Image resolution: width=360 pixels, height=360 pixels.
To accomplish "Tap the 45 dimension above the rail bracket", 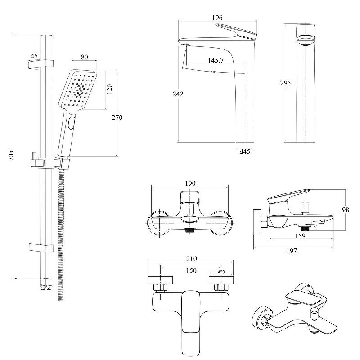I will pos(34,56).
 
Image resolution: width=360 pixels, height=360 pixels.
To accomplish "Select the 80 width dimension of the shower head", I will pos(85,57).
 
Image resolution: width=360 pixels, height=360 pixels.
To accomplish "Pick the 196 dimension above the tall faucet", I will pos(217,18).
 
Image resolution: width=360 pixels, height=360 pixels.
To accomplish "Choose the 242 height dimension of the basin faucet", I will pos(178,94).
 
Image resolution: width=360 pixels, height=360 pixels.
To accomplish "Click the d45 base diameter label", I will pos(245,152).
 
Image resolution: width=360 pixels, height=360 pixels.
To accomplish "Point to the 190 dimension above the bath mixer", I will pos(190,184).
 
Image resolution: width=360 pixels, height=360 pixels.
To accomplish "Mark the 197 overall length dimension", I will pos(291,251).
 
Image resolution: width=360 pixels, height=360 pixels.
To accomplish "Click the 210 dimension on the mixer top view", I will pos(191,259).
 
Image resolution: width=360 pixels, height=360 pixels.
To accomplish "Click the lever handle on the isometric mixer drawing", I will pos(307,297).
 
